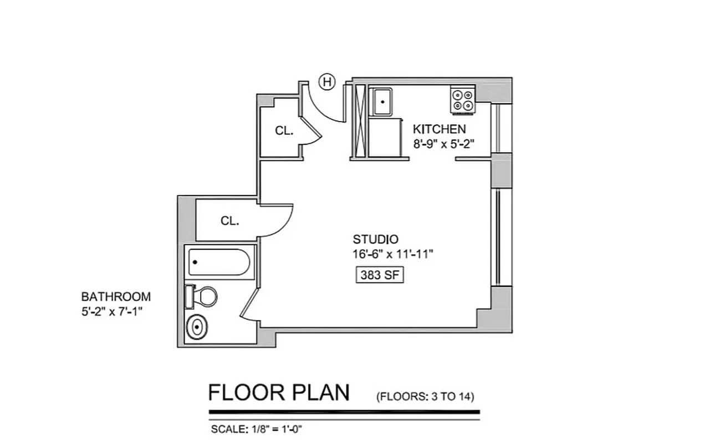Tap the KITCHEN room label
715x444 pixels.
439,129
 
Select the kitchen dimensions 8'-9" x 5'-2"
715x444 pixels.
444,144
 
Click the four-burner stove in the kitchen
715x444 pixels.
462,100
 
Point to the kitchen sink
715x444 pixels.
382,102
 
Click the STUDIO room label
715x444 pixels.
375,240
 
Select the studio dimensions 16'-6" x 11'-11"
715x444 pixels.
392,254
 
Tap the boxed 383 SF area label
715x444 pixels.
379,275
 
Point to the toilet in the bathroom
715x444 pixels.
202,296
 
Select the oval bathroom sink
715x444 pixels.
196,327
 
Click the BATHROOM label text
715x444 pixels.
116,297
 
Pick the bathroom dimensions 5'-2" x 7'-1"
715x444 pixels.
113,311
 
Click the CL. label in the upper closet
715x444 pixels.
284,131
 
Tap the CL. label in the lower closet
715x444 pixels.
229,220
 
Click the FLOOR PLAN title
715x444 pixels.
279,392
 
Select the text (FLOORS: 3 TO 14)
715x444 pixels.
425,396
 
